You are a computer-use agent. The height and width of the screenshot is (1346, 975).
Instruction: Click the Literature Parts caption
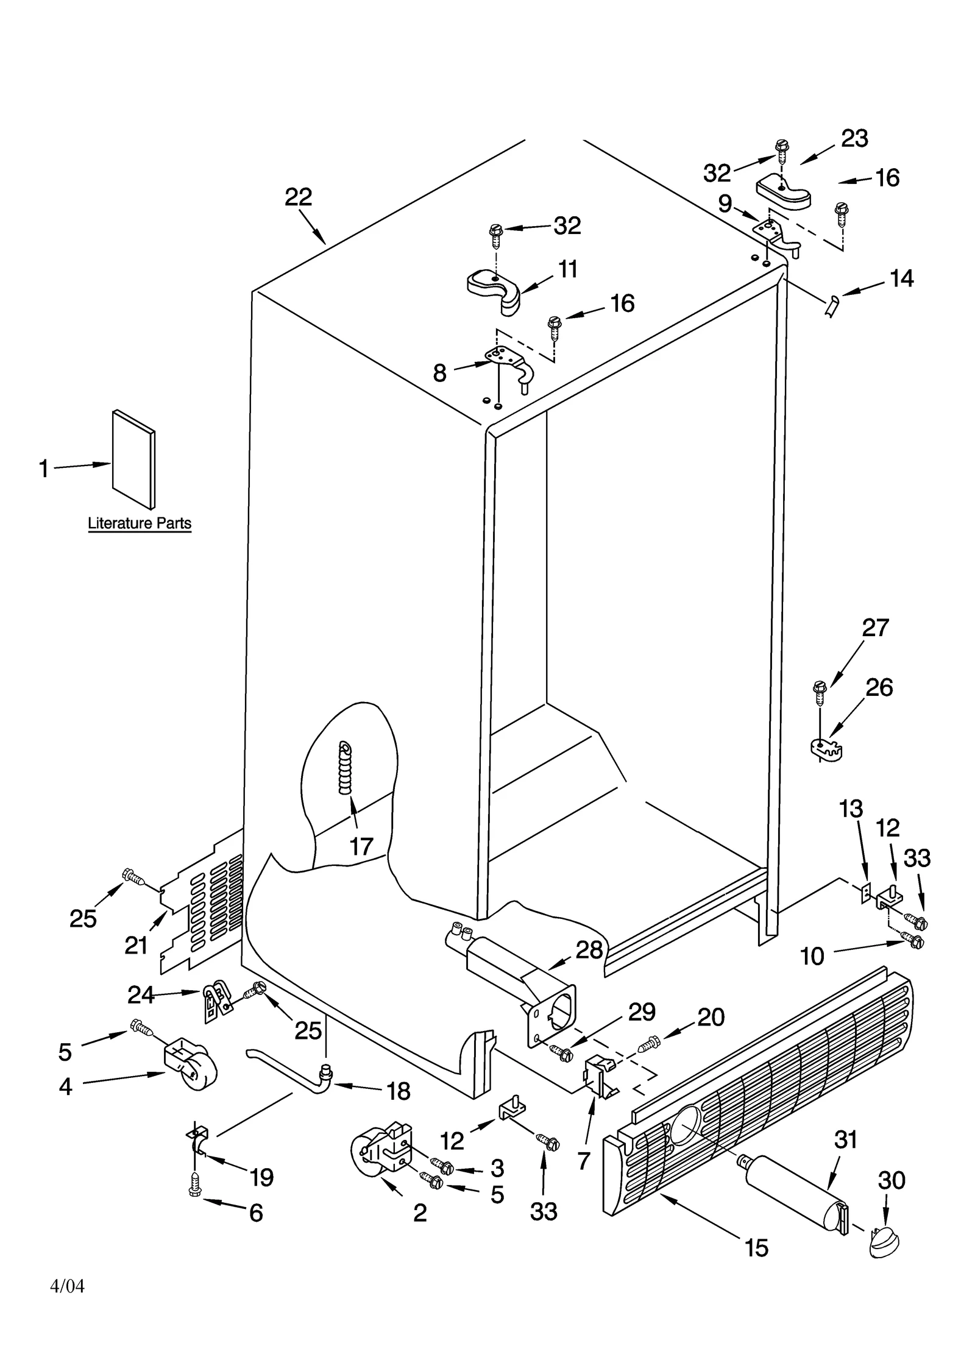[140, 523]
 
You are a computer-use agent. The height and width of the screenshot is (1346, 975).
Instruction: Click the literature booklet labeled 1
[133, 461]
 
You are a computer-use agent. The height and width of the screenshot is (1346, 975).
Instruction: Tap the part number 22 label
[298, 197]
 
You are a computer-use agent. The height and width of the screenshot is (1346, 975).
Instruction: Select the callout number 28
[589, 950]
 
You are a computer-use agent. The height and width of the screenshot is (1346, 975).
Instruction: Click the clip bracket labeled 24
[216, 1001]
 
